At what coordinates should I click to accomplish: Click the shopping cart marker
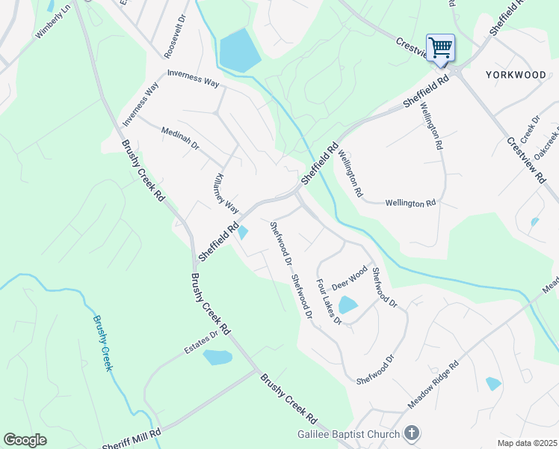(440, 49)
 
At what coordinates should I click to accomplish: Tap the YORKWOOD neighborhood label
(516, 75)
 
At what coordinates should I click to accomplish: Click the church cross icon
(411, 433)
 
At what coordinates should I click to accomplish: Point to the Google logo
(25, 439)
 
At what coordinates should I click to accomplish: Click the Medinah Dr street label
(180, 140)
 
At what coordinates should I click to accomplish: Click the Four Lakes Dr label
(327, 302)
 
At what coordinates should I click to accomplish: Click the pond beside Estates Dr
(217, 357)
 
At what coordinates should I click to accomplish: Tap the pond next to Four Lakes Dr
(348, 305)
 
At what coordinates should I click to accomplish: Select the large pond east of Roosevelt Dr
(239, 50)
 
